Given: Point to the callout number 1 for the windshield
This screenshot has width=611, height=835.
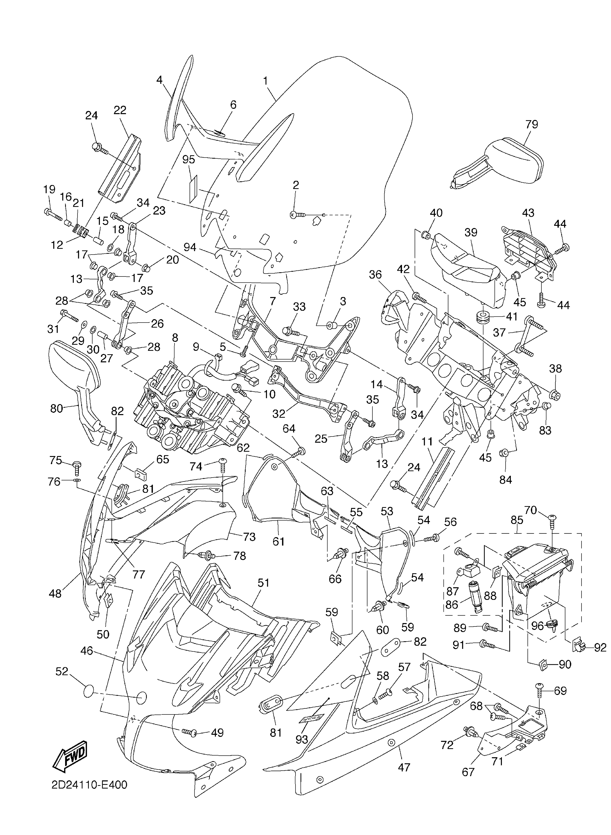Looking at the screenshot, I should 265,81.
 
